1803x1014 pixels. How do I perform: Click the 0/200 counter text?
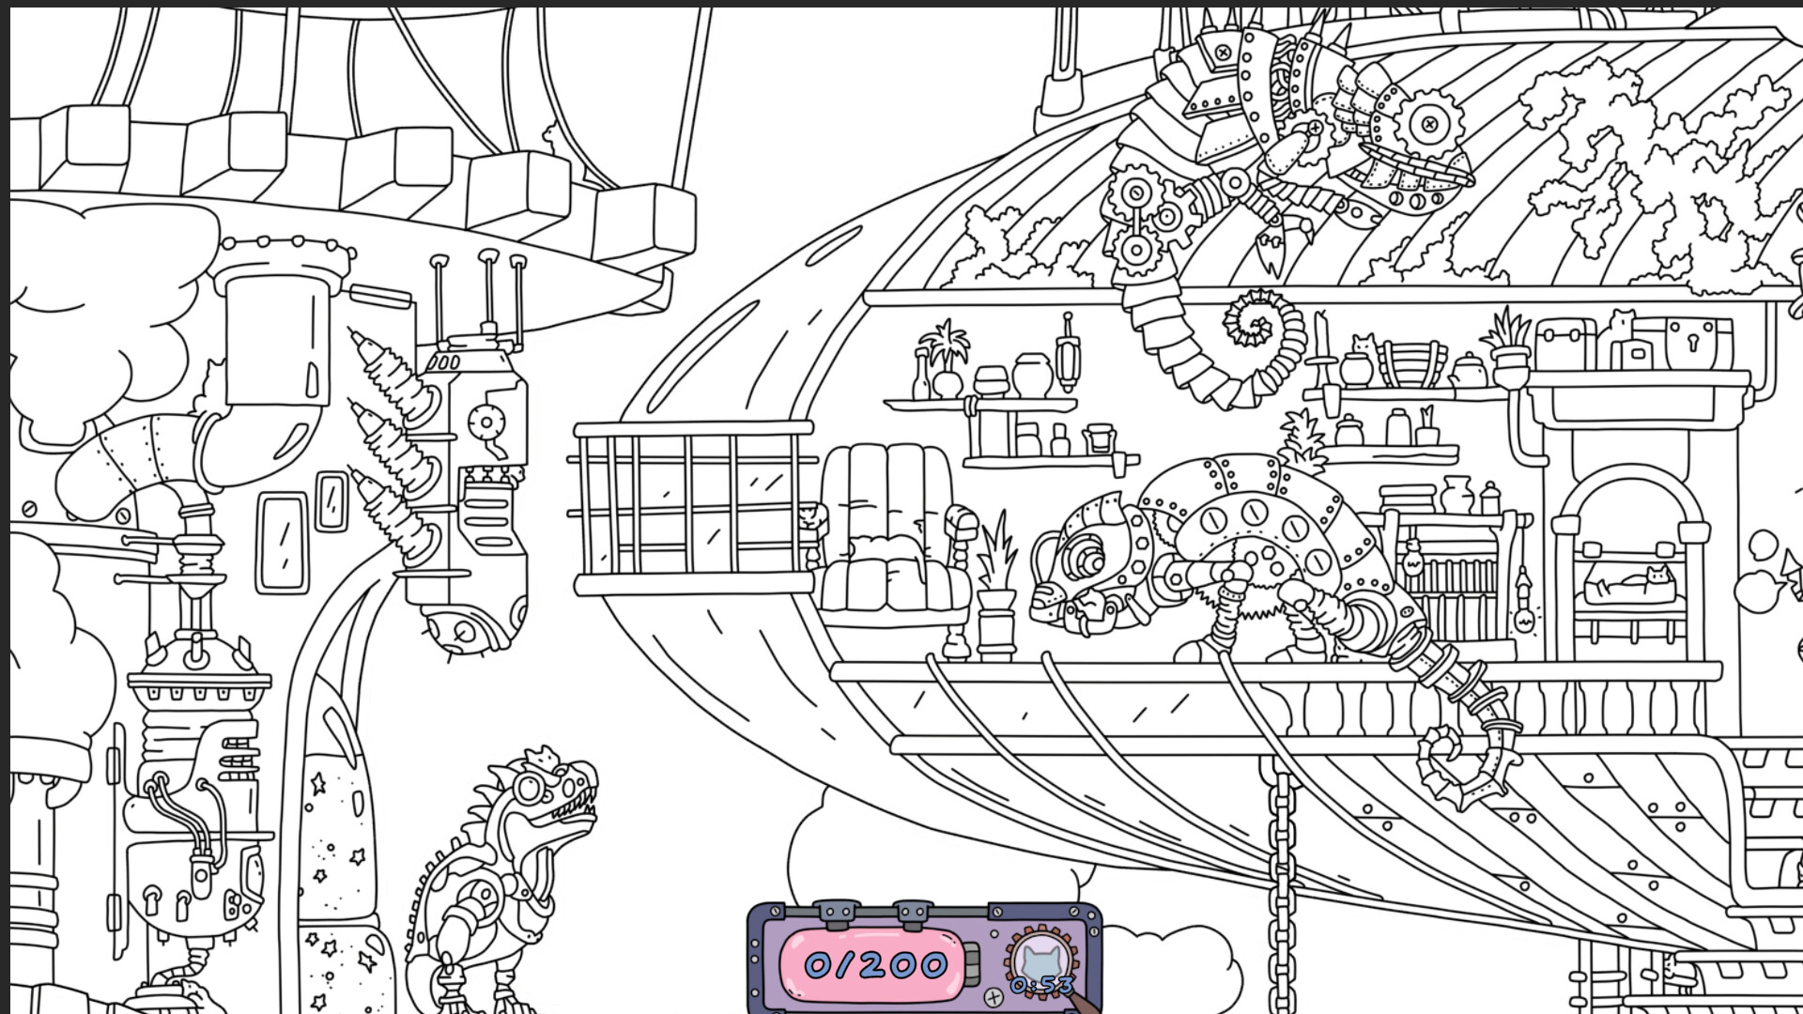tap(874, 964)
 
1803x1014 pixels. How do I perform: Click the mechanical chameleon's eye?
tap(1089, 562)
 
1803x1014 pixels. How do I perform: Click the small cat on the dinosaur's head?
tap(543, 755)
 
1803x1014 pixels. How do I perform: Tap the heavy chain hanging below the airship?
tap(1282, 873)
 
